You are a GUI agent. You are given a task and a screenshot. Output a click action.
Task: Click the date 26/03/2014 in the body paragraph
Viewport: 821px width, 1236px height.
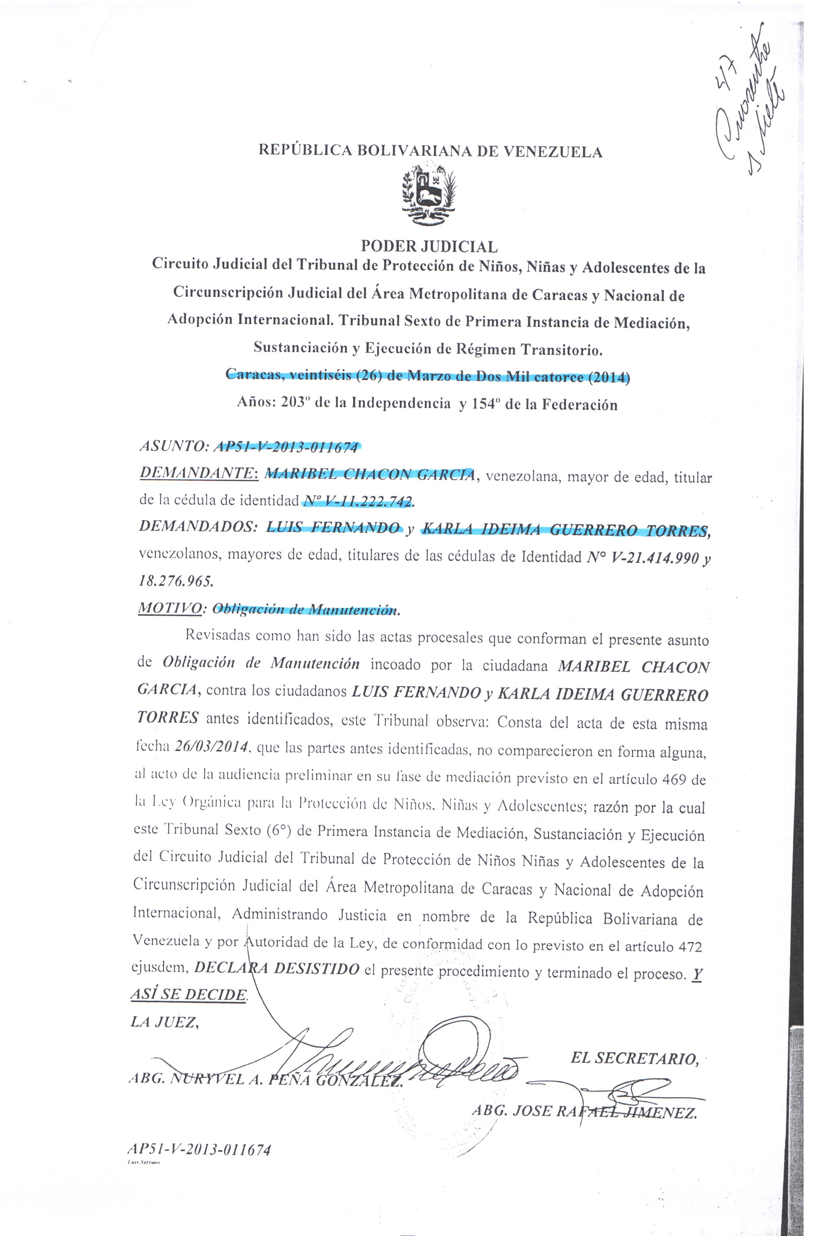(x=211, y=746)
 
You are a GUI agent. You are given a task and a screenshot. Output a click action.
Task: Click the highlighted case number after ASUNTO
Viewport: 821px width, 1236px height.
(x=288, y=448)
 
